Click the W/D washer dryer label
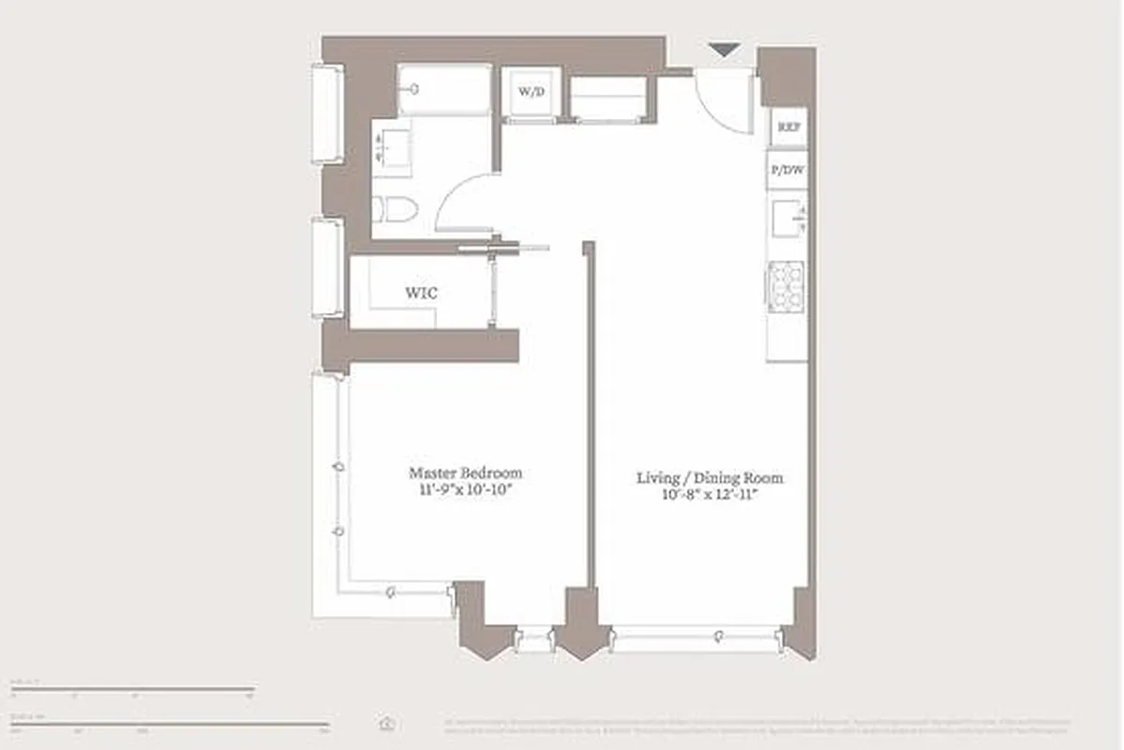531,92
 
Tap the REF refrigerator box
787,127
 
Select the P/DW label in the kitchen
787,170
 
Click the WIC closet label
421,293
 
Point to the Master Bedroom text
465,472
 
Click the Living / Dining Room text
710,478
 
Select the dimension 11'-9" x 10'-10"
465,490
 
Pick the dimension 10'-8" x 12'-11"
710,495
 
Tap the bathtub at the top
443,90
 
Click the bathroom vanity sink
392,149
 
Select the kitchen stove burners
786,286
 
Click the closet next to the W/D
608,97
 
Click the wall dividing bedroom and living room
590,412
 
